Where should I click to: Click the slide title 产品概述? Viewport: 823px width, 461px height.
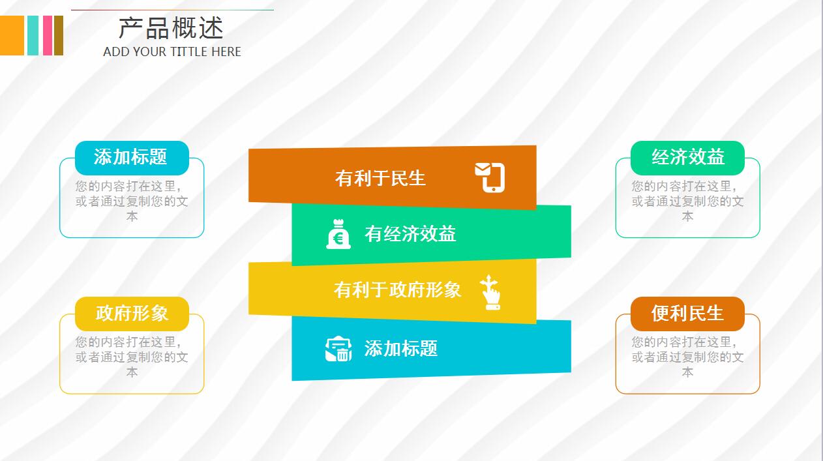[x=171, y=28]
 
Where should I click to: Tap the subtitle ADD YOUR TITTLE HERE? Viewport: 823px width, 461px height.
[x=172, y=52]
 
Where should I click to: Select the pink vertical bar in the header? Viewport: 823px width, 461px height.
[x=47, y=35]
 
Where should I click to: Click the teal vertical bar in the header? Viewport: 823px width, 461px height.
[x=33, y=35]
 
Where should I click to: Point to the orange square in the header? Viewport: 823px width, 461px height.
[x=12, y=35]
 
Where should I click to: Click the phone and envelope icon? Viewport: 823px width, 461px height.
[x=490, y=177]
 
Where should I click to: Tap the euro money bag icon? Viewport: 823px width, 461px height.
[x=338, y=234]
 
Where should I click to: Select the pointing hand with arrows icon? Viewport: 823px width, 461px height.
[x=490, y=291]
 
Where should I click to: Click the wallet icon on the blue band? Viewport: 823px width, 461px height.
[x=338, y=348]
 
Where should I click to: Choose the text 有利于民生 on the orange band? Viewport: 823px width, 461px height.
[x=380, y=177]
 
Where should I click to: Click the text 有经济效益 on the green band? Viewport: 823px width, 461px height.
[x=410, y=233]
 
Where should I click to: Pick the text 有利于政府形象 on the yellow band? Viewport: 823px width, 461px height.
[x=397, y=290]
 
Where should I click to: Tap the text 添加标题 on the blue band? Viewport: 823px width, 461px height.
[x=400, y=348]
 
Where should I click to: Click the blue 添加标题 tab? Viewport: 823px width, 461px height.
[x=131, y=157]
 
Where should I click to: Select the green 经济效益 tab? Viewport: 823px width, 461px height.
[x=687, y=157]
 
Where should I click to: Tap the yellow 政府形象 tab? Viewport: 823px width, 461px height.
[x=132, y=313]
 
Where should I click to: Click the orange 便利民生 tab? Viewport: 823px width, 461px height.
[x=687, y=313]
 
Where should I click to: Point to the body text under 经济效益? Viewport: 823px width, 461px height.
[x=687, y=201]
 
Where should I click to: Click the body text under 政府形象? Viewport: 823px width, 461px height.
[x=132, y=357]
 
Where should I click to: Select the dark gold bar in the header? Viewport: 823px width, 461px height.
[x=59, y=35]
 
